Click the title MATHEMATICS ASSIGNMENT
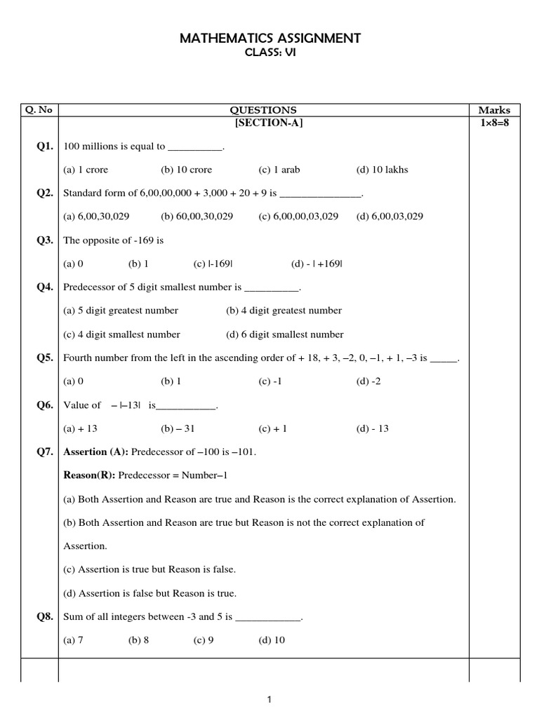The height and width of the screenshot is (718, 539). [x=270, y=39]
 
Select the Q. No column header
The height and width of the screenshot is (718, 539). [x=39, y=110]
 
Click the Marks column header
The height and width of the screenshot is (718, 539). [x=494, y=110]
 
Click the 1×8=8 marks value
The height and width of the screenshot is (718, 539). [x=494, y=123]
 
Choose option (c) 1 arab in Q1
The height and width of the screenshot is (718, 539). [x=279, y=170]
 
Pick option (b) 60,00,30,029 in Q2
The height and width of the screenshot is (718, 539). [x=197, y=217]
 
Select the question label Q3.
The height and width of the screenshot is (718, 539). [x=45, y=240]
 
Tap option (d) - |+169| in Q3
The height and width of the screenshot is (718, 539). [x=317, y=264]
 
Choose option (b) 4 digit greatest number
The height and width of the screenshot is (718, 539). [x=284, y=311]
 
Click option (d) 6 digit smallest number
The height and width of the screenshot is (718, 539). [x=285, y=334]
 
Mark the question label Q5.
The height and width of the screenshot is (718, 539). [x=45, y=358]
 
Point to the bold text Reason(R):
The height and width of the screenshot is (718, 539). [x=89, y=475]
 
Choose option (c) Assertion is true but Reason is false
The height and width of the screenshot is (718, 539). [x=149, y=569]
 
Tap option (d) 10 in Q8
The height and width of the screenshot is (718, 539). [x=272, y=640]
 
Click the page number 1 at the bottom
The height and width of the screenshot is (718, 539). [x=270, y=699]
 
